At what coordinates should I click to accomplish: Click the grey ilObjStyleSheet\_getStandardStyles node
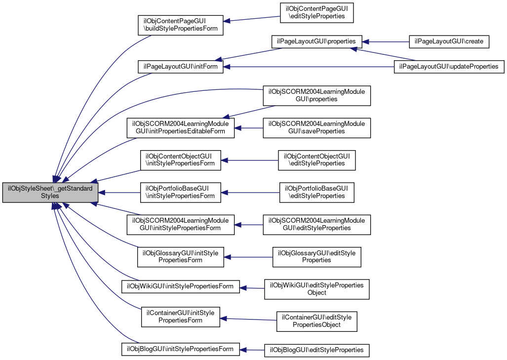pyautogui.click(x=50, y=193)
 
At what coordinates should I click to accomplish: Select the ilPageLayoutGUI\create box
pyautogui.click(x=449, y=41)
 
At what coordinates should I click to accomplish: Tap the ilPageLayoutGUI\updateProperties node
pyautogui.click(x=449, y=67)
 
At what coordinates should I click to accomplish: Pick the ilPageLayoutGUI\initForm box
pyautogui.click(x=180, y=67)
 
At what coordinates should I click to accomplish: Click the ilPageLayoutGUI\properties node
pyautogui.click(x=316, y=41)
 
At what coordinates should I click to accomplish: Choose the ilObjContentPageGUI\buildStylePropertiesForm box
pyautogui.click(x=180, y=25)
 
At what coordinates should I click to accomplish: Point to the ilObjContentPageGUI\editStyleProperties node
pyautogui.click(x=316, y=13)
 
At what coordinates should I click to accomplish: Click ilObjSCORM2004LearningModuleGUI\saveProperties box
pyautogui.click(x=316, y=128)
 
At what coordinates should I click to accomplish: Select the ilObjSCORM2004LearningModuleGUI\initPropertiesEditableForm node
pyautogui.click(x=180, y=128)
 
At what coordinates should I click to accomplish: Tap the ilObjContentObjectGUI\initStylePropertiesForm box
pyautogui.click(x=180, y=160)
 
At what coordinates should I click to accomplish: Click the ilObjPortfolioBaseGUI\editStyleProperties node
pyautogui.click(x=316, y=193)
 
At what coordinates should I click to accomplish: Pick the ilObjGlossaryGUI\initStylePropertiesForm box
pyautogui.click(x=180, y=257)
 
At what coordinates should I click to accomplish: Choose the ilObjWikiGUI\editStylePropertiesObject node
pyautogui.click(x=316, y=289)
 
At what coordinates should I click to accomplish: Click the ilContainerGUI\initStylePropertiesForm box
pyautogui.click(x=180, y=317)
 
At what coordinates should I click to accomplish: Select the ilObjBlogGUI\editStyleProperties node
pyautogui.click(x=316, y=350)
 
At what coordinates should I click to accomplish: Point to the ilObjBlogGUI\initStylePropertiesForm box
pyautogui.click(x=180, y=349)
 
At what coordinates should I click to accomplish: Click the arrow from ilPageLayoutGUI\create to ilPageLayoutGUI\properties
pyautogui.click(x=386, y=41)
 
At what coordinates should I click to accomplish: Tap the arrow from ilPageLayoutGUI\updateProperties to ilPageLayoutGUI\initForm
pyautogui.click(x=309, y=67)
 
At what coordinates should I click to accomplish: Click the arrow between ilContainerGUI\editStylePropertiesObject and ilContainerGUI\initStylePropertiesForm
pyautogui.click(x=248, y=319)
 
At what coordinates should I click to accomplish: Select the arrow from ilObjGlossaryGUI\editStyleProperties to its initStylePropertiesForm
pyautogui.click(x=248, y=257)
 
